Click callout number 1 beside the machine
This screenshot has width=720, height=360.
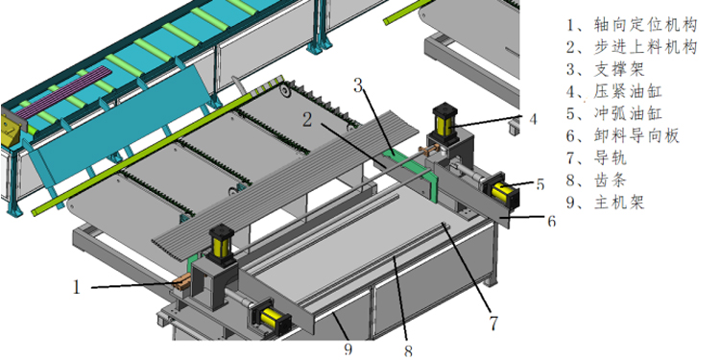click(x=77, y=287)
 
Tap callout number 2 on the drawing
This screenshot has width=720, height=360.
click(x=307, y=120)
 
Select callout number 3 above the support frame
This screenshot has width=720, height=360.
click(x=359, y=85)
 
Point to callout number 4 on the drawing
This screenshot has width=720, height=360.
click(x=533, y=119)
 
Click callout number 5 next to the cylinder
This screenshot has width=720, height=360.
click(x=540, y=184)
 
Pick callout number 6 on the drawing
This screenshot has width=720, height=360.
click(x=551, y=222)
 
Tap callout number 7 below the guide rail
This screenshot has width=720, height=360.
click(x=493, y=324)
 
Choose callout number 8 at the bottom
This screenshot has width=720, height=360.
click(x=408, y=351)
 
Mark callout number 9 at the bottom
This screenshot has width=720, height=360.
click(x=348, y=349)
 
